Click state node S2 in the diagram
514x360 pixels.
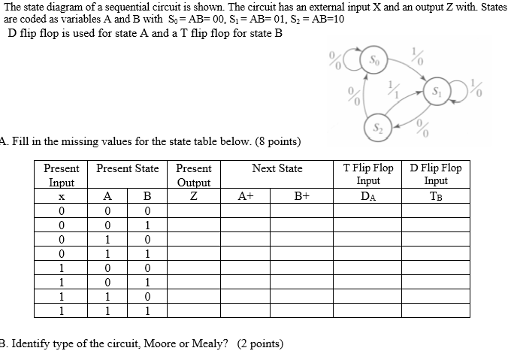coord(377,126)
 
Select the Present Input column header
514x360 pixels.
coord(61,175)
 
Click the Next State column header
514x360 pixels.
coord(277,168)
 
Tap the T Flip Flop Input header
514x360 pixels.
coord(368,174)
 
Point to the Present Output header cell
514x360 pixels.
coord(193,175)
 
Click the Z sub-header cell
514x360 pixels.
coord(193,196)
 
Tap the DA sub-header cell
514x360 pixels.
coord(368,196)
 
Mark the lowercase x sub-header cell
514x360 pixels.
coord(61,196)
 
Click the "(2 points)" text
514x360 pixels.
coord(260,344)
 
